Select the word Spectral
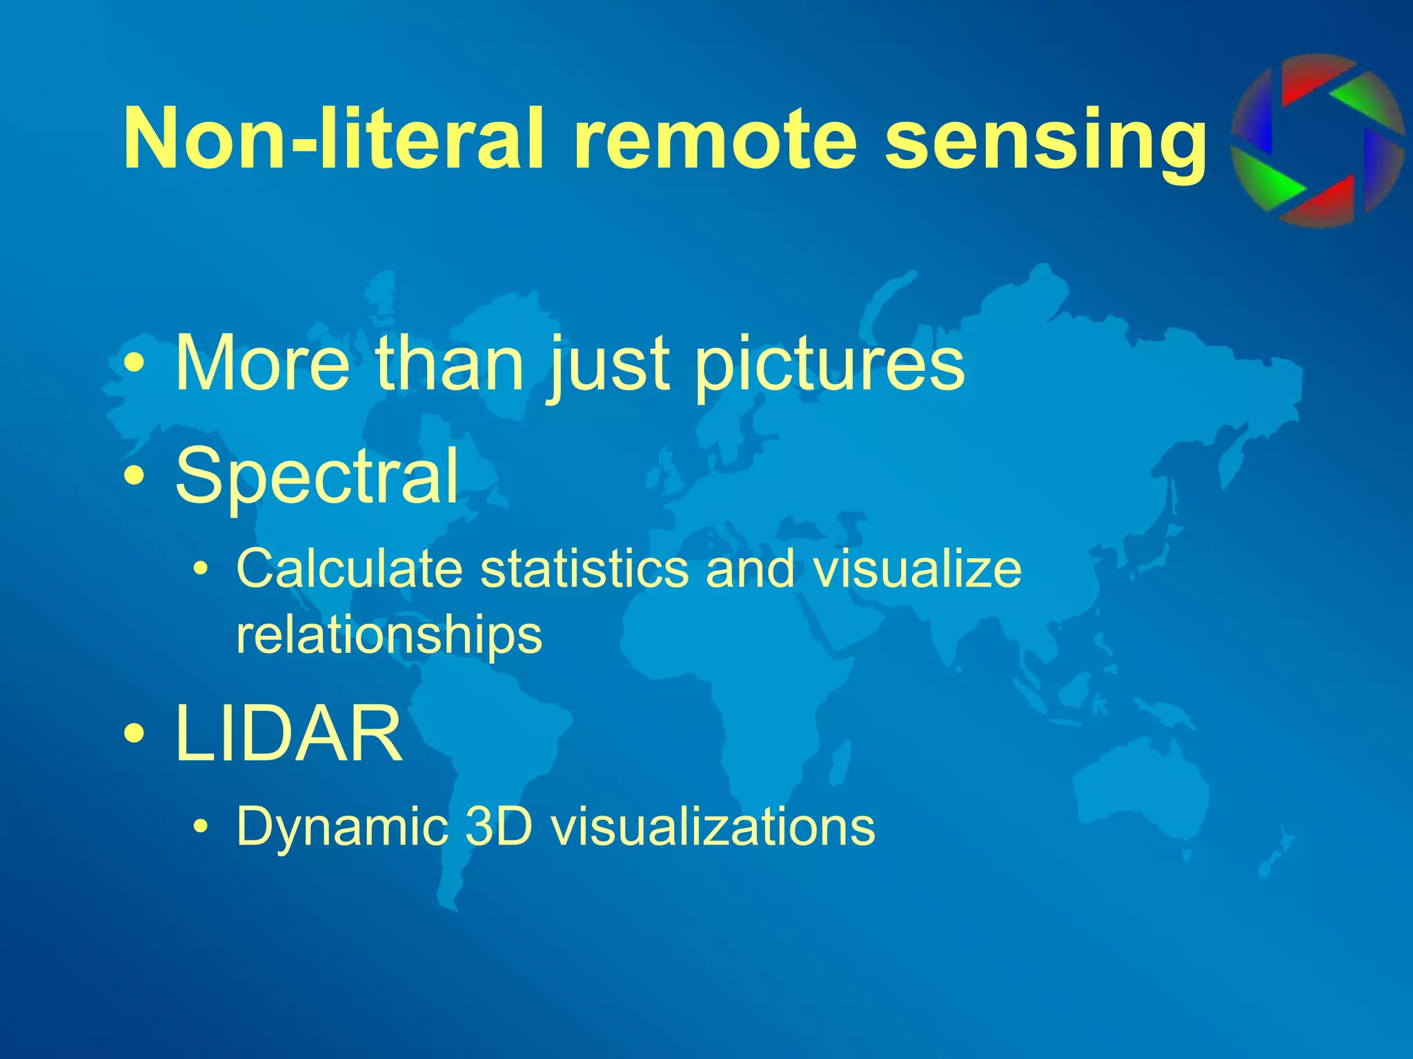coord(317,476)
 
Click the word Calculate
coord(349,569)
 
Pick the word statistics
coord(584,569)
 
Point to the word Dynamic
coord(341,826)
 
